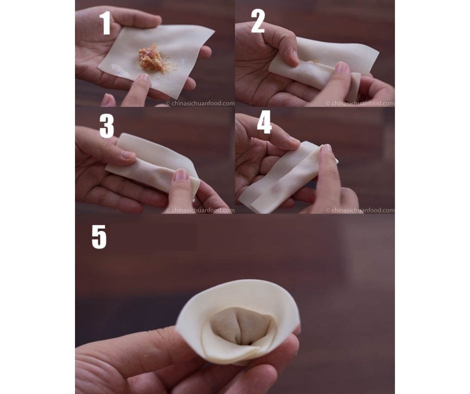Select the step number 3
click(x=106, y=126)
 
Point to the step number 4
click(x=264, y=122)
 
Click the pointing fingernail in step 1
click(x=143, y=78)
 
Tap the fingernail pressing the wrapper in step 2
click(x=341, y=68)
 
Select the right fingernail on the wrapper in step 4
click(x=326, y=148)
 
